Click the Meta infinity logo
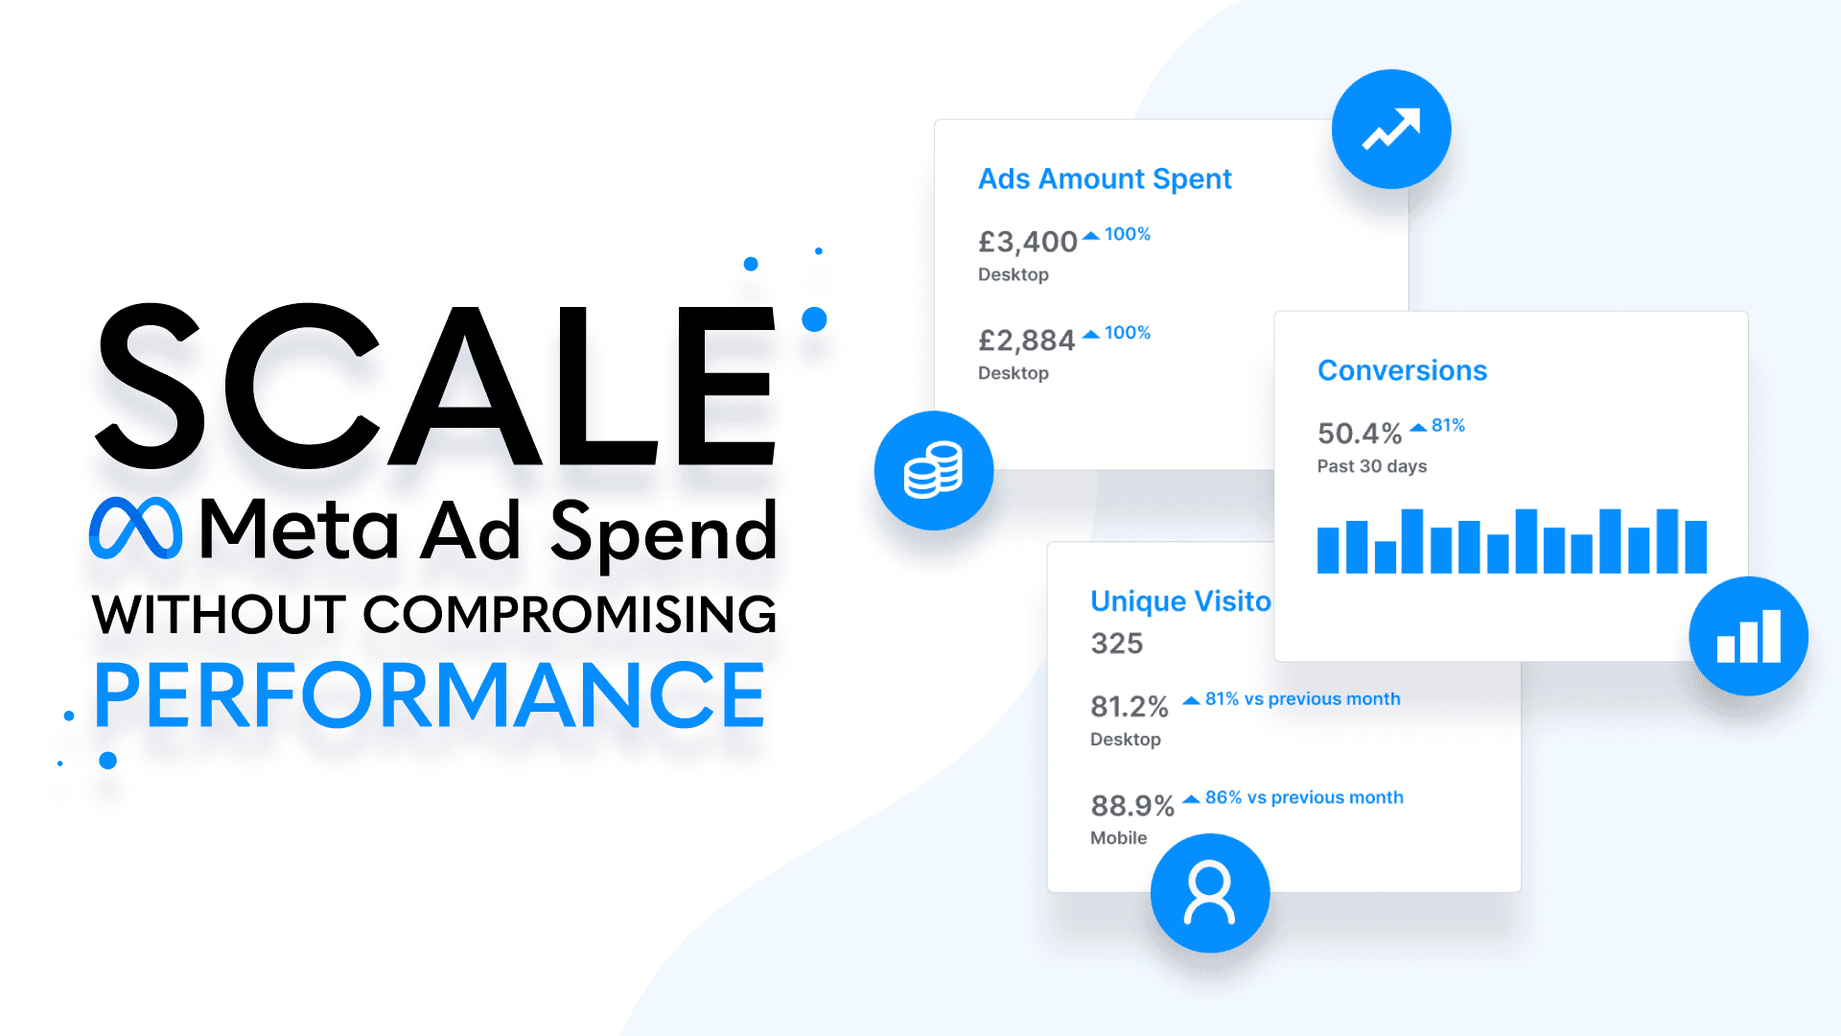click(135, 529)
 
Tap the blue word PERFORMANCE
click(430, 695)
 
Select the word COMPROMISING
click(570, 615)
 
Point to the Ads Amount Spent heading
click(1105, 179)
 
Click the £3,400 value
click(1027, 242)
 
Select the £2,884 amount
click(1026, 341)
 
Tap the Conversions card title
click(1402, 371)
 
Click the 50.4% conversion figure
click(1359, 434)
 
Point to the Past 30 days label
click(1371, 466)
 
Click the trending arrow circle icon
click(1390, 129)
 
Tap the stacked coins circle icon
click(934, 470)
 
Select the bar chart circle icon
click(1748, 636)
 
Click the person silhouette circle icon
click(1209, 893)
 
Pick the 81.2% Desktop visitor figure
click(1129, 707)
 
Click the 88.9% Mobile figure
click(1131, 806)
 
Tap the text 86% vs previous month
click(1303, 798)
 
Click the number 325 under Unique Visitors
click(1116, 644)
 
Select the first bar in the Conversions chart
click(1328, 551)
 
